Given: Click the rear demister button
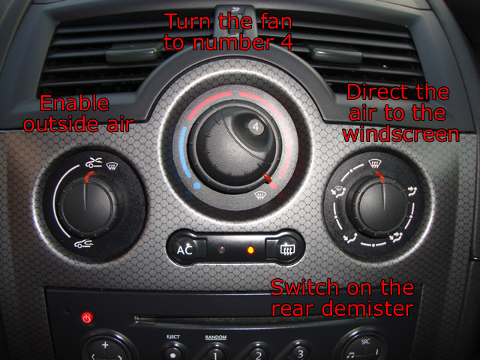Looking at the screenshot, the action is (x=284, y=248).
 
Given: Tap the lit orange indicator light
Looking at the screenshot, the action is (x=250, y=250).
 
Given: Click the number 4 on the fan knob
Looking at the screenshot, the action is (x=256, y=127).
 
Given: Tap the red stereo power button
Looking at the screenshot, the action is (x=87, y=318).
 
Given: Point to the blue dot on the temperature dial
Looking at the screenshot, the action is (x=197, y=185).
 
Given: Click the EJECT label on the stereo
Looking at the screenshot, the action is (x=173, y=337).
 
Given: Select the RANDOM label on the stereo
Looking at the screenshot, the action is (x=216, y=337).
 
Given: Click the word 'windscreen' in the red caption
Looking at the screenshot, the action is (x=401, y=134).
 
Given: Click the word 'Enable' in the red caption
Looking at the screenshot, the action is (x=74, y=103).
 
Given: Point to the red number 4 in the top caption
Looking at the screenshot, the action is (x=286, y=42).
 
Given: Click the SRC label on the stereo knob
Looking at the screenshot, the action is (x=365, y=341).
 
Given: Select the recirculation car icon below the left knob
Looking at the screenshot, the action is (x=83, y=244).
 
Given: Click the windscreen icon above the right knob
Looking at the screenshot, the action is (x=373, y=163).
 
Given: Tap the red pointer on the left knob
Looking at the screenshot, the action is (x=89, y=176).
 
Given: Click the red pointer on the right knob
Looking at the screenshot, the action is (x=379, y=177).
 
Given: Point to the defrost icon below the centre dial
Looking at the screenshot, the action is (x=260, y=195).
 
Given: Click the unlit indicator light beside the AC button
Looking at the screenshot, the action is (x=222, y=250).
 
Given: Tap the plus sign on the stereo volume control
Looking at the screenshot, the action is (x=105, y=345).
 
